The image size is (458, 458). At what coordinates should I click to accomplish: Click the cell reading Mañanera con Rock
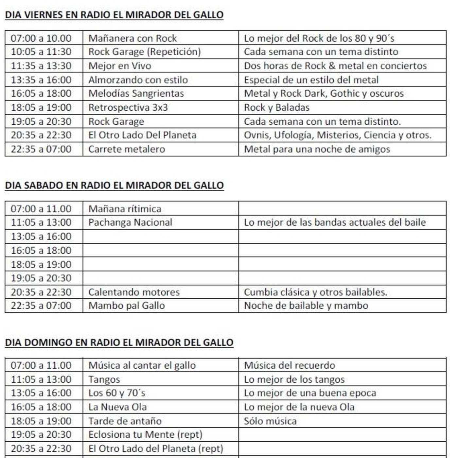point(132,38)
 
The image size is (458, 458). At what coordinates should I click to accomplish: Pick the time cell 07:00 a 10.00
point(41,38)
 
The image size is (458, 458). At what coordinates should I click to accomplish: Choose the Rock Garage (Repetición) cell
point(145,52)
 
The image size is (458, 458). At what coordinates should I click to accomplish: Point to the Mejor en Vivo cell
point(120,66)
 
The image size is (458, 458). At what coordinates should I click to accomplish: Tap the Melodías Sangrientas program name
point(136,93)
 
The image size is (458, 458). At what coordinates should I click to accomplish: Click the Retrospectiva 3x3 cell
point(128,107)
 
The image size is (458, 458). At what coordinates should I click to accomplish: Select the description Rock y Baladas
point(276,107)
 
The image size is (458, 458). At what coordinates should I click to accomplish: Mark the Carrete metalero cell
point(127,149)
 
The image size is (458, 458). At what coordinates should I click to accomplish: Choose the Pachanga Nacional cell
point(130,222)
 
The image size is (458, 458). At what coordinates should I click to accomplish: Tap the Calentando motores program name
point(134,292)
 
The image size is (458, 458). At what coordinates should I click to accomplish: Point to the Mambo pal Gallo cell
point(127,306)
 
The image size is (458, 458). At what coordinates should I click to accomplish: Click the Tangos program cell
point(104,379)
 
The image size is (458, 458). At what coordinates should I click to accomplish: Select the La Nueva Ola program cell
point(117,407)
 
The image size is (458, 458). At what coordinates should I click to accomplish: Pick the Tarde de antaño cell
point(125,421)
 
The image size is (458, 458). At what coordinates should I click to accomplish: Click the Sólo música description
point(270,421)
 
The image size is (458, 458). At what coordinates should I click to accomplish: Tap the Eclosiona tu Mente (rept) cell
point(145,434)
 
